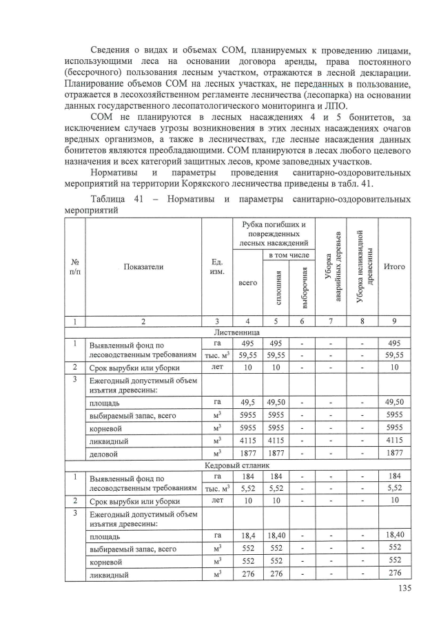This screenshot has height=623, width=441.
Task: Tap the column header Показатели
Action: tap(144, 266)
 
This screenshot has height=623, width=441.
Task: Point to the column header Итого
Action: tap(394, 266)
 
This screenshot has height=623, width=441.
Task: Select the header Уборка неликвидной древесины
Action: tap(362, 266)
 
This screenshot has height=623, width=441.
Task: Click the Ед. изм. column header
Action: tap(216, 266)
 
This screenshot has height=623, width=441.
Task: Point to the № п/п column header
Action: tap(74, 266)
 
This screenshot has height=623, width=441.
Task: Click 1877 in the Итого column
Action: tap(394, 454)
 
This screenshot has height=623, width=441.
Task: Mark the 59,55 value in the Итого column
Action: tap(394, 355)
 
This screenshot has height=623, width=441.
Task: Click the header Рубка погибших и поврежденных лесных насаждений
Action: tap(272, 233)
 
